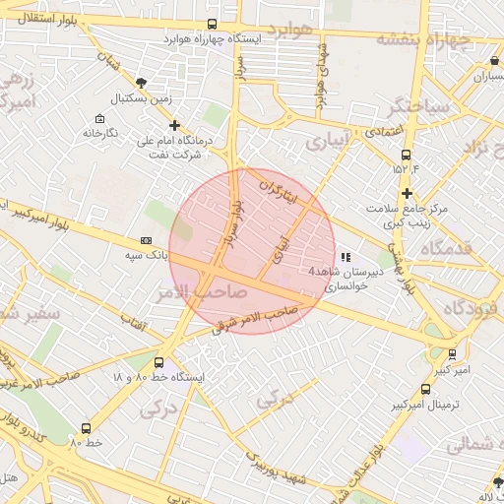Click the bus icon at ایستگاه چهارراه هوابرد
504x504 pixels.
point(213,25)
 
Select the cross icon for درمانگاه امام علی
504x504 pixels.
point(175,125)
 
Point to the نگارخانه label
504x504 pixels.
point(100,132)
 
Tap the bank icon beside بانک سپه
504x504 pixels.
point(147,239)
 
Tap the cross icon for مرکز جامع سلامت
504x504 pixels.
point(406,193)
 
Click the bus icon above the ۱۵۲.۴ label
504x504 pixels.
point(406,155)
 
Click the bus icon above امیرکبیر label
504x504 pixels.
point(452,354)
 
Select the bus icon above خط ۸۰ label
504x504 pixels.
point(87,428)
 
